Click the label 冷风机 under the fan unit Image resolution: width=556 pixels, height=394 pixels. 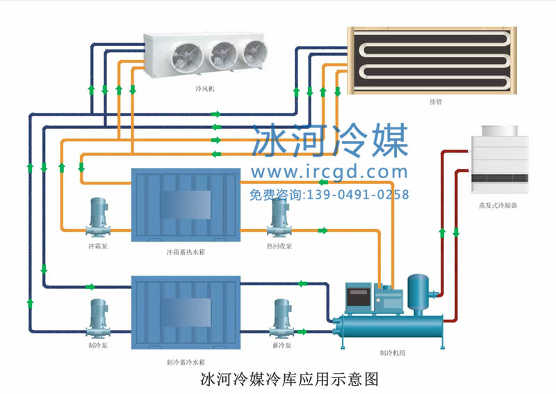pyautogui.click(x=206, y=89)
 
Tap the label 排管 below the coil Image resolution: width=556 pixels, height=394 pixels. pyautogui.click(x=436, y=102)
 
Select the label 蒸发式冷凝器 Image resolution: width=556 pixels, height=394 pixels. pyautogui.click(x=498, y=206)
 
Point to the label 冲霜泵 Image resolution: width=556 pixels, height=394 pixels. pyautogui.click(x=97, y=246)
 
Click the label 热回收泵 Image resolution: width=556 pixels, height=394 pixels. pyautogui.click(x=279, y=246)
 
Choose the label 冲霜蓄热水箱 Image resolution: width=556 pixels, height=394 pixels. pyautogui.click(x=186, y=252)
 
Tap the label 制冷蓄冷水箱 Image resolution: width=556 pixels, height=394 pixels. pyautogui.click(x=186, y=362)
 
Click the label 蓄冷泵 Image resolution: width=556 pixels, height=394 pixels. pyautogui.click(x=281, y=345)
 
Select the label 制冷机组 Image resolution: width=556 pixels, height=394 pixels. pyautogui.click(x=393, y=353)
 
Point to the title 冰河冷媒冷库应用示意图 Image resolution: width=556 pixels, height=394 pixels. pyautogui.click(x=289, y=380)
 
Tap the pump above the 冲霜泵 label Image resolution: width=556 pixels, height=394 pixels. pyautogui.click(x=97, y=216)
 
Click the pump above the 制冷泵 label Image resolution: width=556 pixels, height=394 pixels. pyautogui.click(x=97, y=317)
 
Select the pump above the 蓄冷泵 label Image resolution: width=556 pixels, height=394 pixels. pyautogui.click(x=281, y=317)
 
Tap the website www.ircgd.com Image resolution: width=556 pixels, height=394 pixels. pyautogui.click(x=329, y=172)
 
